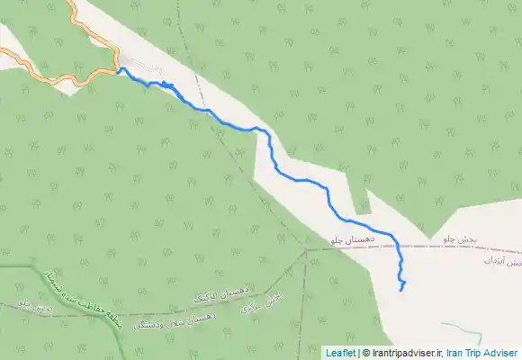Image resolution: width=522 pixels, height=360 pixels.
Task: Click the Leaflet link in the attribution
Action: tap(339, 353)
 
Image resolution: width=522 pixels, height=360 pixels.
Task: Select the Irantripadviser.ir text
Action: tap(401, 353)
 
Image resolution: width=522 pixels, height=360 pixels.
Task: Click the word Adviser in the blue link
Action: tap(503, 353)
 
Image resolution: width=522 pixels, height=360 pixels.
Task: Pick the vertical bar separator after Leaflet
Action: tap(358, 353)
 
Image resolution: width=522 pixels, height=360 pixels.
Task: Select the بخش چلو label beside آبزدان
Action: tap(460, 240)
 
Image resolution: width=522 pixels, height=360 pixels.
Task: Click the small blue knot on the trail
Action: tap(166, 84)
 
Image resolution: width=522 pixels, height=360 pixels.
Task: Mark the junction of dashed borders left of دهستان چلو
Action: tap(306, 250)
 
